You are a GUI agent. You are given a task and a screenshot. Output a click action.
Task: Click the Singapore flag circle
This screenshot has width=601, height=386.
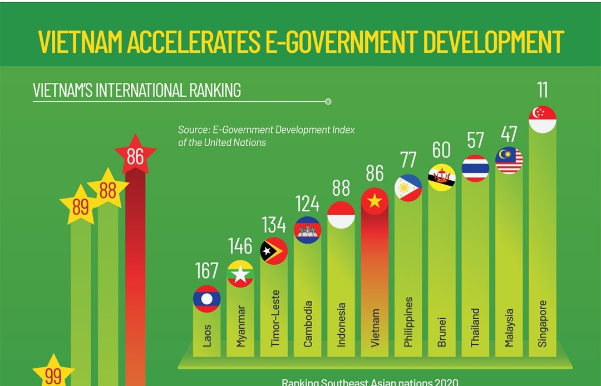click(x=542, y=120)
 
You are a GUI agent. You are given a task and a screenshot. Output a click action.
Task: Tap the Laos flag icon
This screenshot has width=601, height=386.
click(x=207, y=299)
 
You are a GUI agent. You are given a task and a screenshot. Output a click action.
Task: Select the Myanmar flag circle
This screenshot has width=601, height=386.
click(x=240, y=274)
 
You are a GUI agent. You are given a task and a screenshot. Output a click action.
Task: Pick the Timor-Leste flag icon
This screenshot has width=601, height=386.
click(x=274, y=251)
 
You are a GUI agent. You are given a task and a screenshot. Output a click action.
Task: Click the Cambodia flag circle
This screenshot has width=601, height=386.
click(x=308, y=230)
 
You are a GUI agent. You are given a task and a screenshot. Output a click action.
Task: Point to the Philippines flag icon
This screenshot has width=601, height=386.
click(x=408, y=188)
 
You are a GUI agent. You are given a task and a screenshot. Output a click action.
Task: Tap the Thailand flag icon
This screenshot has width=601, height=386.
click(x=475, y=169)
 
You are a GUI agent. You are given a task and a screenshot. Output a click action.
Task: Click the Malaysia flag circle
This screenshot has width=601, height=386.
click(x=509, y=161)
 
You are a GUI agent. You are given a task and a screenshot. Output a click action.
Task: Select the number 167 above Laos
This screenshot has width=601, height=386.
click(x=207, y=271)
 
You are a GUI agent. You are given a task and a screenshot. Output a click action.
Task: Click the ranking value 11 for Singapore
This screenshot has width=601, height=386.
click(x=542, y=90)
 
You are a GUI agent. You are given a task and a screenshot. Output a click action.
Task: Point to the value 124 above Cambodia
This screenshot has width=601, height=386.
click(x=308, y=204)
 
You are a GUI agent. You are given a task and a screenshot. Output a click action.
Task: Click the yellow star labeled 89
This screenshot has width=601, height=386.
click(x=81, y=207)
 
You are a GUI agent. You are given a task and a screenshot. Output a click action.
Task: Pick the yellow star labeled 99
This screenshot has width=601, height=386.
click(x=53, y=374)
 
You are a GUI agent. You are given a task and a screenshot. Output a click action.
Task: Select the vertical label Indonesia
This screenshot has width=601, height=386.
click(x=341, y=325)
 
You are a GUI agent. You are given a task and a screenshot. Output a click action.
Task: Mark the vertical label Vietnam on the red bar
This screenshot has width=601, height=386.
click(x=375, y=328)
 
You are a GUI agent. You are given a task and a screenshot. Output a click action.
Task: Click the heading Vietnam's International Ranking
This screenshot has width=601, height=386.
click(x=137, y=90)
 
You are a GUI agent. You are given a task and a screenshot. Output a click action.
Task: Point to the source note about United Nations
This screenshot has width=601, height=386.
click(x=266, y=136)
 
